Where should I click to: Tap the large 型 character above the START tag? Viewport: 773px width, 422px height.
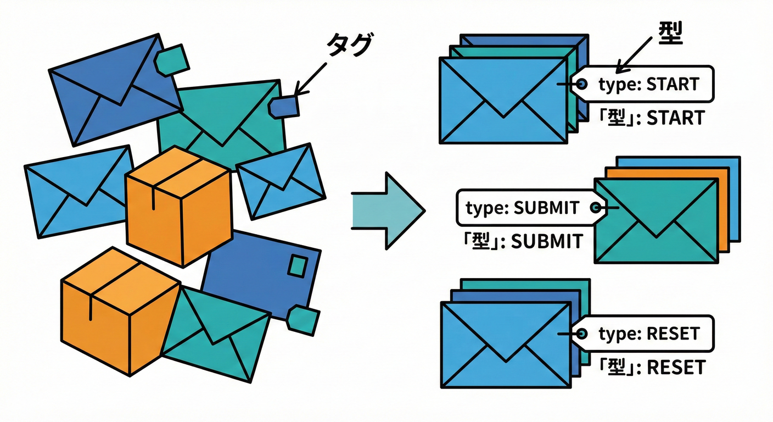pos(669,35)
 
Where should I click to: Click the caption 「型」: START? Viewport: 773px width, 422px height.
pos(651,118)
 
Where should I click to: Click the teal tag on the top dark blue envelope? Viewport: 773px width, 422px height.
pos(171,60)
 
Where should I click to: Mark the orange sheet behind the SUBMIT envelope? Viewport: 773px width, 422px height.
pos(724,209)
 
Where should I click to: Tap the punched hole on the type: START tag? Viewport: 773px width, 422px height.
pos(582,84)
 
